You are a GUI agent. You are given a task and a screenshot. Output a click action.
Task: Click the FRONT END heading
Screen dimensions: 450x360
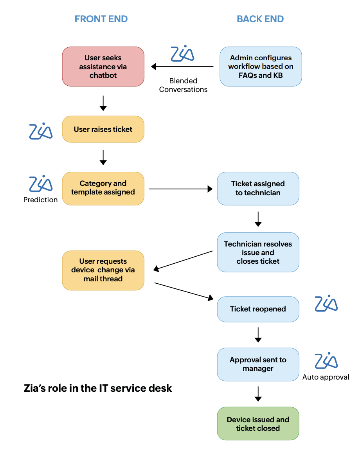(101, 19)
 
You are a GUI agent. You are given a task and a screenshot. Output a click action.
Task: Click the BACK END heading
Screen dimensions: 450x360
(260, 19)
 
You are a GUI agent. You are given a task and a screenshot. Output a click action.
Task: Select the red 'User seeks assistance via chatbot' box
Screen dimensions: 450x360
(103, 67)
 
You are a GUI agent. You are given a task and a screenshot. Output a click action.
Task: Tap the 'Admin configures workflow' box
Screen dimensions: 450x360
(261, 67)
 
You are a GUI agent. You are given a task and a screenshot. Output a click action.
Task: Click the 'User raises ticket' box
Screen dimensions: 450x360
(103, 129)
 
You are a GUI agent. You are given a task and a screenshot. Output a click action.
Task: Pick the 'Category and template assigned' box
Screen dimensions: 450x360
(103, 188)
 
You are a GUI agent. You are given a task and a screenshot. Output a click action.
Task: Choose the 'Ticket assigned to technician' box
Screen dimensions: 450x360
(258, 188)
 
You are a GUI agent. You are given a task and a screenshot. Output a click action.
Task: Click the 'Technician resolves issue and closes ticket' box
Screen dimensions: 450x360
(258, 252)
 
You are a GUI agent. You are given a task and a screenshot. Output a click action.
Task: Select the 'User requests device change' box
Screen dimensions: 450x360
(103, 270)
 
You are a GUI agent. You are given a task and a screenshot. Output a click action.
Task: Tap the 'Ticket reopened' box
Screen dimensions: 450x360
(258, 309)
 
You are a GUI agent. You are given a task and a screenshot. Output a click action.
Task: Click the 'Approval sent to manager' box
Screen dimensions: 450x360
(258, 364)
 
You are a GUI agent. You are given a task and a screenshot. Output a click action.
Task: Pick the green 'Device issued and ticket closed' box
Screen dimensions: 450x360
(258, 424)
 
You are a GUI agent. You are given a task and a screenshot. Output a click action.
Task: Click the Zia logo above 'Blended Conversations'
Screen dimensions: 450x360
(183, 54)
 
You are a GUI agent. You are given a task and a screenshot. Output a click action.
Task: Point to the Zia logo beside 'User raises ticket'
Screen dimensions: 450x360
(41, 131)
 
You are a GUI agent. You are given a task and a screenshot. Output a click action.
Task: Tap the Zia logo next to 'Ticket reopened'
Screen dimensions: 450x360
(326, 304)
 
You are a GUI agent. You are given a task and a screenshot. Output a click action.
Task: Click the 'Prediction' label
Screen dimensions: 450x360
(40, 200)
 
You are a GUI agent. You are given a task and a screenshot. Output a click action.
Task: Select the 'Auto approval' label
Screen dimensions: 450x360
(326, 377)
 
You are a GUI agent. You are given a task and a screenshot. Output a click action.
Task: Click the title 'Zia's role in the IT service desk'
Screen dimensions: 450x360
(98, 388)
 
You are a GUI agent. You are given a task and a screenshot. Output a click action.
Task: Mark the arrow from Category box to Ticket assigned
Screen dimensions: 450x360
(180, 189)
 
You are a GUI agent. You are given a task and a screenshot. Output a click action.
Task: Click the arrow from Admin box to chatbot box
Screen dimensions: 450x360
(182, 67)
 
